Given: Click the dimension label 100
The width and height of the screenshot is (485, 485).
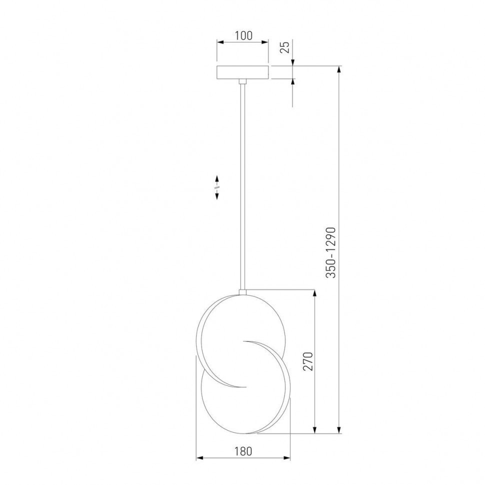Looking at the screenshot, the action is (x=243, y=35).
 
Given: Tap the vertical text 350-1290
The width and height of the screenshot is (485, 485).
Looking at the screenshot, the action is (x=330, y=252).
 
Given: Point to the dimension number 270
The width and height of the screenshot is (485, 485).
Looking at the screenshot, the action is (x=308, y=361).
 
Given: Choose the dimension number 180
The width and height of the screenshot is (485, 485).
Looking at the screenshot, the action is (x=243, y=451).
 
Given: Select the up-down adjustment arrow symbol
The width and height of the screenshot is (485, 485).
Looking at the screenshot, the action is (x=217, y=187).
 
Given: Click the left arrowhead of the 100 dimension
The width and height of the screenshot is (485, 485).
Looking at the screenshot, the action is (x=220, y=42).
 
